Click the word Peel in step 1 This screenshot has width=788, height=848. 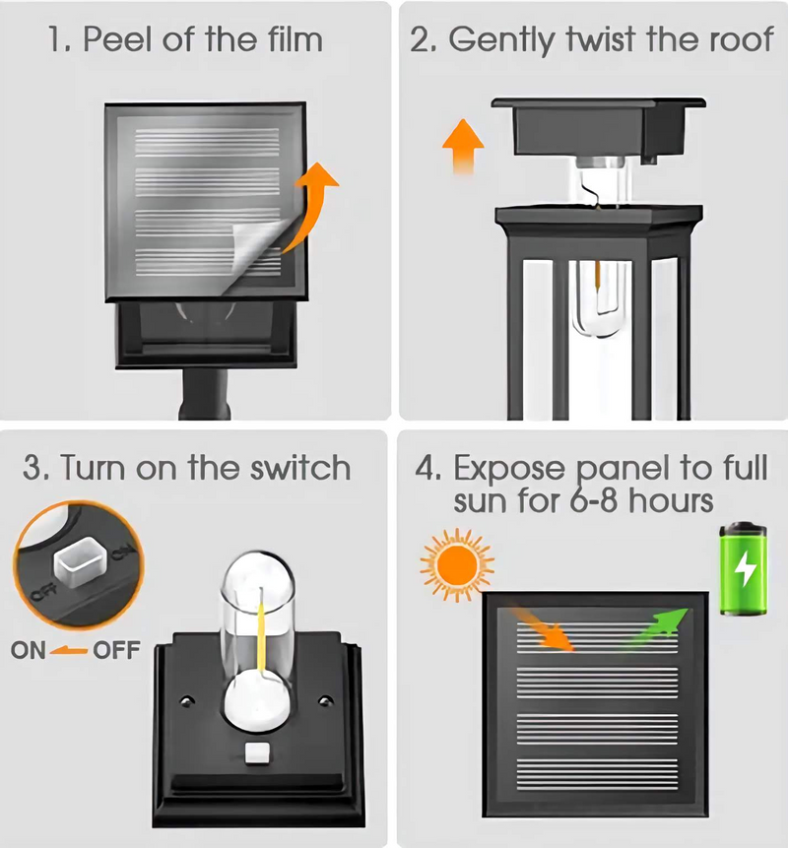click(x=114, y=40)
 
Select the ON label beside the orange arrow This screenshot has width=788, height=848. click(x=29, y=650)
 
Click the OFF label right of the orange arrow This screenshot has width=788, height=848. click(x=116, y=650)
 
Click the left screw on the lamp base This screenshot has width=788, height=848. click(x=186, y=703)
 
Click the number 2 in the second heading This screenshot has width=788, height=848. click(x=421, y=40)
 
